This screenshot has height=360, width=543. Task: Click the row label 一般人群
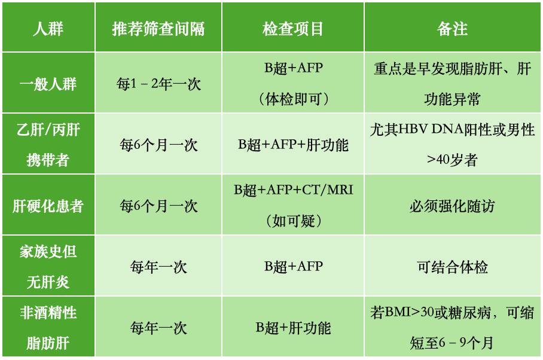[x=48, y=84]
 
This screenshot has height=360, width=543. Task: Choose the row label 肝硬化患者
[x=48, y=206]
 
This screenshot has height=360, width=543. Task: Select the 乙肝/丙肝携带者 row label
[x=48, y=145]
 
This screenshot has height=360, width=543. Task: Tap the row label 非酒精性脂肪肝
[x=48, y=328]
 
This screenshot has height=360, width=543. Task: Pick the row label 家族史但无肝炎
[x=48, y=267]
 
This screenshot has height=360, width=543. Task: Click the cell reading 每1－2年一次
[x=158, y=84]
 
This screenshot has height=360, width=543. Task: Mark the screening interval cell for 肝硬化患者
[x=158, y=206]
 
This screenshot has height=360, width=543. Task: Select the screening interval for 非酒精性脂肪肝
[x=158, y=328]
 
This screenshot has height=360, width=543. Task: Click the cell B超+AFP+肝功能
[x=293, y=145]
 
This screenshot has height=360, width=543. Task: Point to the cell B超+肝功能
[x=293, y=328]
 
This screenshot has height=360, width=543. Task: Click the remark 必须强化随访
[x=452, y=206]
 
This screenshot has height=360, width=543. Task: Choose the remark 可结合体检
[x=452, y=267]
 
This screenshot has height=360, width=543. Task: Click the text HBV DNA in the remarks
[x=431, y=129]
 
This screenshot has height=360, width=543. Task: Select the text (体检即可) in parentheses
[x=293, y=100]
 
